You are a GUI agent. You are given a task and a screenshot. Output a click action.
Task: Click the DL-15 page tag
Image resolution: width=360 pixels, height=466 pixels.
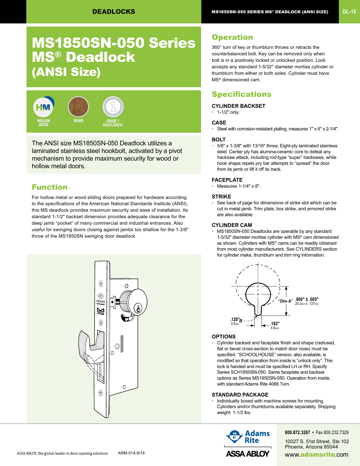pyautogui.click(x=349, y=12)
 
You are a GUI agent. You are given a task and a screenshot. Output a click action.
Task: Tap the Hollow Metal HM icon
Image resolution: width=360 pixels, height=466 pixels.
pyautogui.click(x=43, y=107)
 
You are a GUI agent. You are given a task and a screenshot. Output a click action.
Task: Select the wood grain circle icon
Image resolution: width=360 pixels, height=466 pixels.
pyautogui.click(x=78, y=107)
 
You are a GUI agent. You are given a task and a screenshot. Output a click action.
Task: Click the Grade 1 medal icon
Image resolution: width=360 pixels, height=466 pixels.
pyautogui.click(x=113, y=107)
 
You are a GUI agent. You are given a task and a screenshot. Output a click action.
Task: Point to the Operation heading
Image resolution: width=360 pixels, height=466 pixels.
pyautogui.click(x=232, y=37)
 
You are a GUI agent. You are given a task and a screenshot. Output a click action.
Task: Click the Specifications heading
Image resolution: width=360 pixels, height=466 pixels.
pyautogui.click(x=241, y=94)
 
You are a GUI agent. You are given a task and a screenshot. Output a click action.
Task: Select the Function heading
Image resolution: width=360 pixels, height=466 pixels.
pyautogui.click(x=50, y=187)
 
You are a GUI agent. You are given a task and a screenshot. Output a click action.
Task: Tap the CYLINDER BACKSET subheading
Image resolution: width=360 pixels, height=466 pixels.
pyautogui.click(x=238, y=106)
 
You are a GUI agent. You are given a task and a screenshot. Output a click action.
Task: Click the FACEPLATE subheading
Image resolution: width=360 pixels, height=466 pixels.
pyautogui.click(x=227, y=180)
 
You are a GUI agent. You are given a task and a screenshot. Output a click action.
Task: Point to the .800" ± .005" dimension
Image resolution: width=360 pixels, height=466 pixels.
pyautogui.click(x=307, y=299)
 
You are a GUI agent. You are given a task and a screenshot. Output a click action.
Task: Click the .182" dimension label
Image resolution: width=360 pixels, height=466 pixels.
pyautogui.click(x=275, y=324)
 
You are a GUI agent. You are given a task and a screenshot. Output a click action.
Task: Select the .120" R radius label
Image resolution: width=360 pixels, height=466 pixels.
pyautogui.click(x=236, y=320)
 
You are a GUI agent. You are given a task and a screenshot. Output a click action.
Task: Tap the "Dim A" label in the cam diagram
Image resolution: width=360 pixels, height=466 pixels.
pyautogui.click(x=285, y=301)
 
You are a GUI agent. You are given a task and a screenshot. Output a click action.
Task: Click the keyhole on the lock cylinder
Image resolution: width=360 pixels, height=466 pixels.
pyautogui.click(x=138, y=308)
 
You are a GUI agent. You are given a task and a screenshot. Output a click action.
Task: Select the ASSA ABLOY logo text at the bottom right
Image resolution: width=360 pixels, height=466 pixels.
pyautogui.click(x=248, y=454)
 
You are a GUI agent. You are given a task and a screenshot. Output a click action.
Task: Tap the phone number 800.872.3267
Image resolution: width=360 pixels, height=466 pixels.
pyautogui.click(x=297, y=432)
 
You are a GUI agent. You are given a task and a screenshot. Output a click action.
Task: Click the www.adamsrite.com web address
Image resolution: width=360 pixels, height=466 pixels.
pyautogui.click(x=316, y=455)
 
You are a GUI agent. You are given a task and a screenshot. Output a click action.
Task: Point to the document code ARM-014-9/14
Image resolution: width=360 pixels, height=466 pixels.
pyautogui.click(x=131, y=453)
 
